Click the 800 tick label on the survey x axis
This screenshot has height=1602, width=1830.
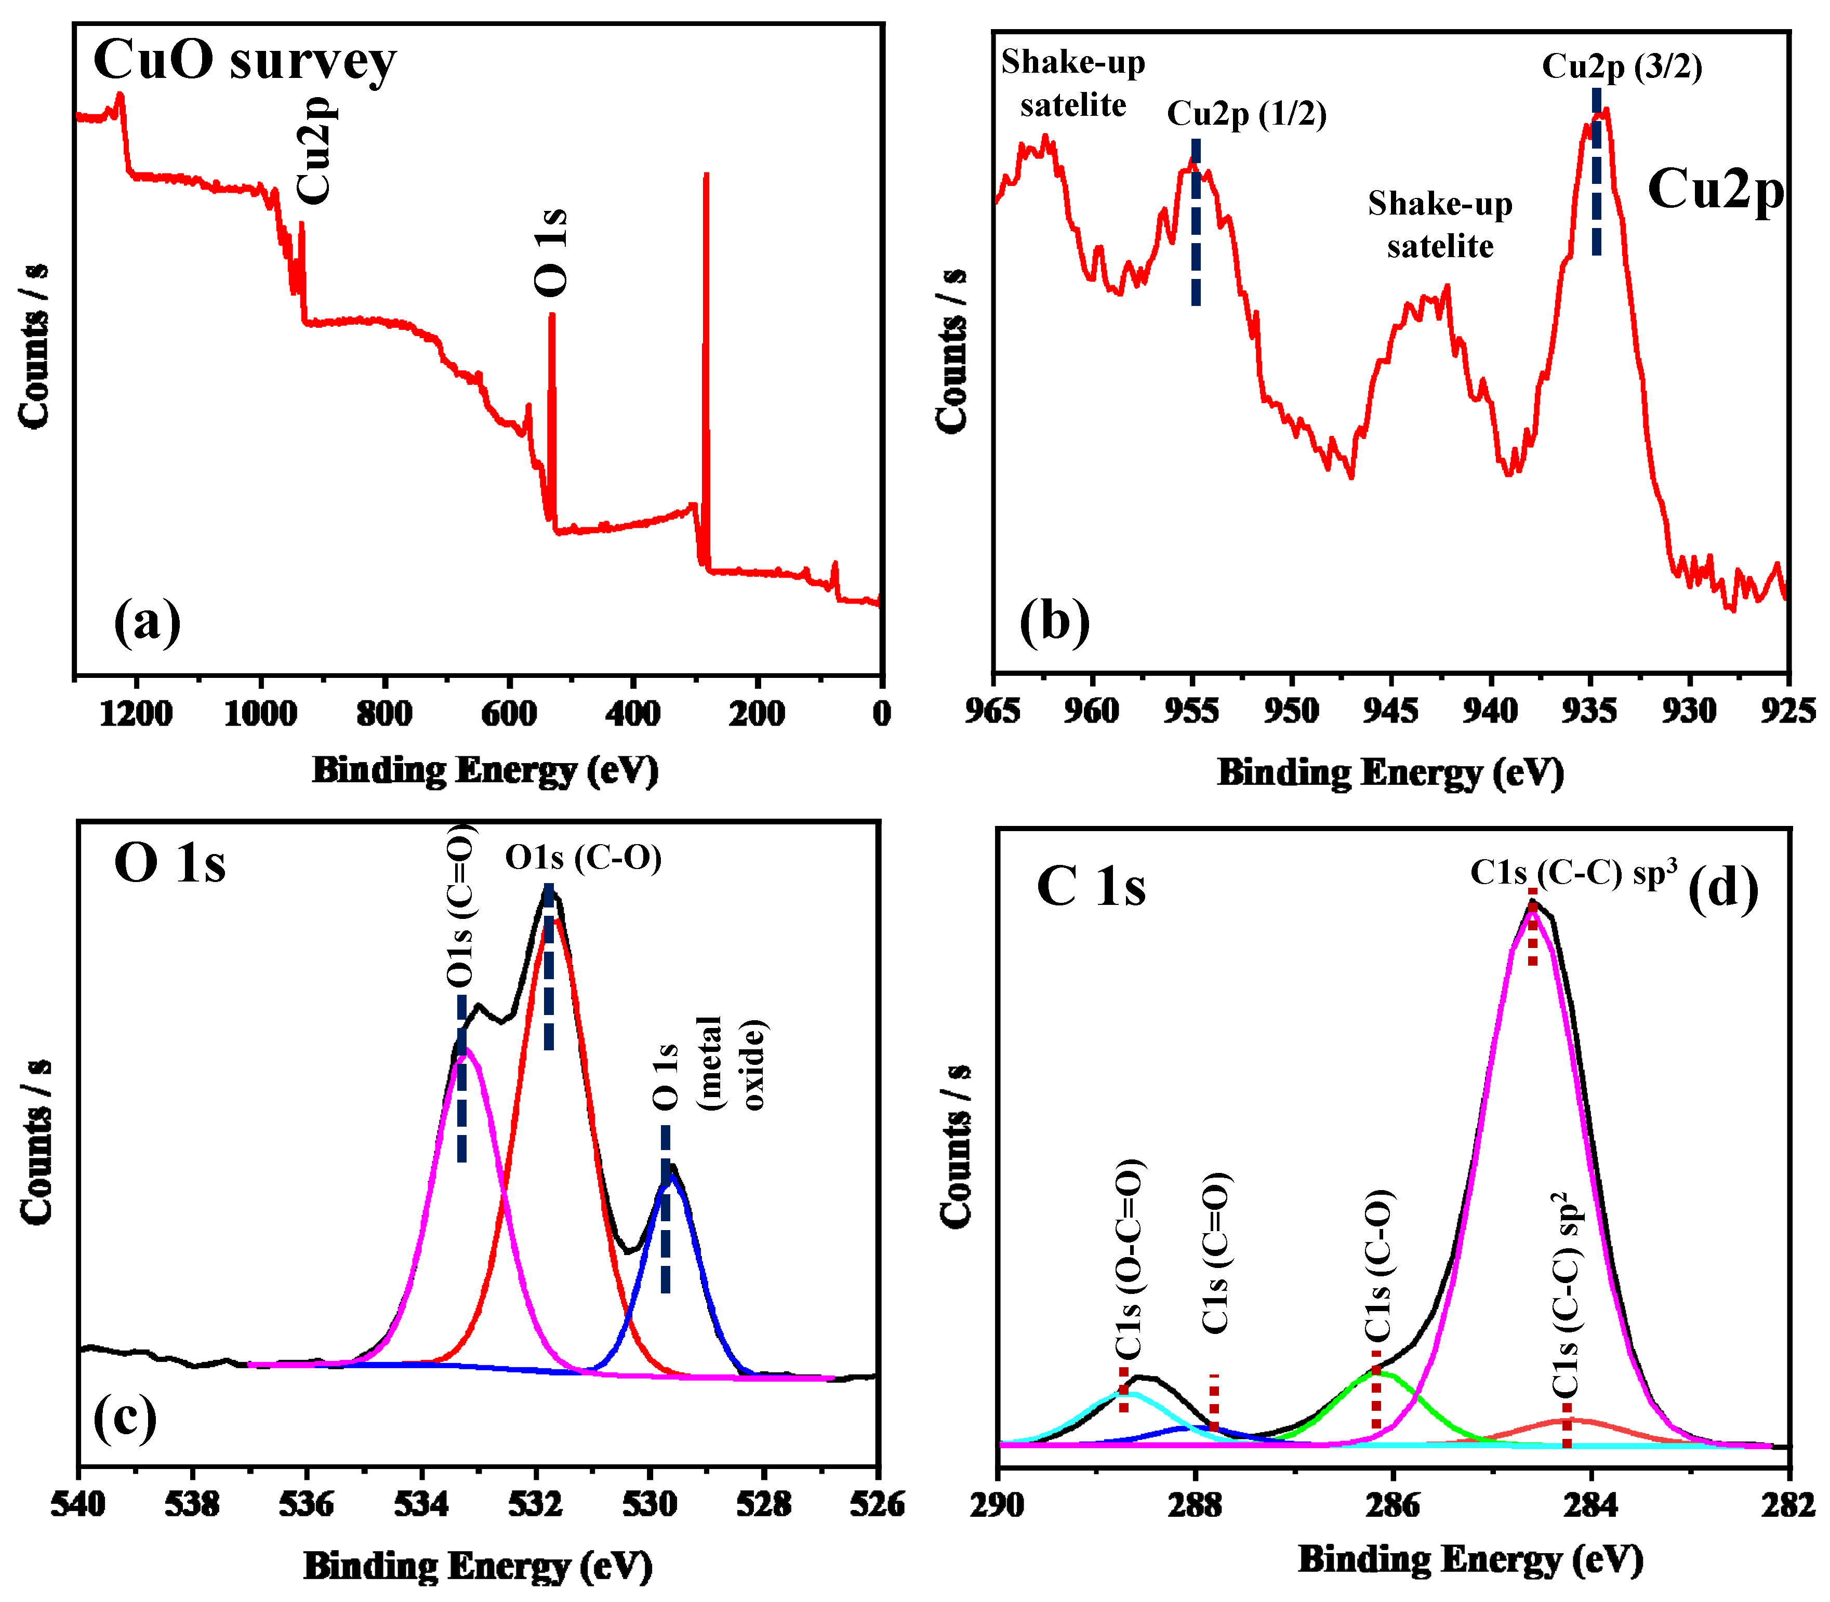click(x=384, y=713)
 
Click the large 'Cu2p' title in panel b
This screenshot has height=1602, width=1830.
click(x=1715, y=190)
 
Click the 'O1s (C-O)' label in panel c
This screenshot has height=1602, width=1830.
click(x=583, y=858)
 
